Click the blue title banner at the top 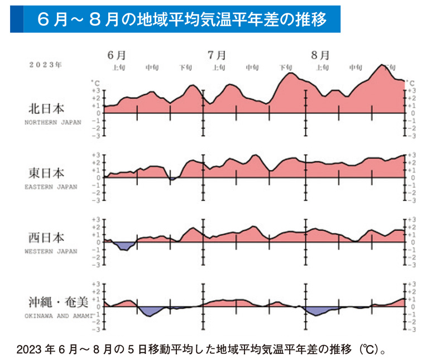coord(175,18)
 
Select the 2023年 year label coord(45,65)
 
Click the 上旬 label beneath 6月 coord(118,68)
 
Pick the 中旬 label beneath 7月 coord(252,68)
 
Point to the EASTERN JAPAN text coord(51,186)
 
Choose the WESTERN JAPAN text coord(51,251)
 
